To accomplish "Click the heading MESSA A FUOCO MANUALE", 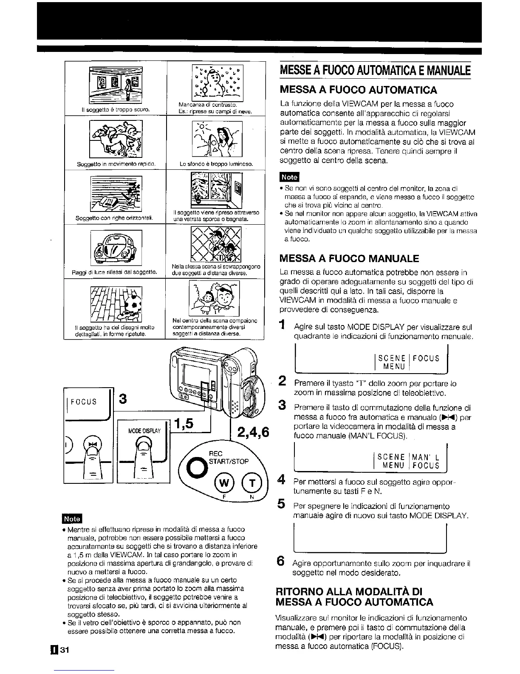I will (x=349, y=259).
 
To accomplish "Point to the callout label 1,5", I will (x=183, y=423).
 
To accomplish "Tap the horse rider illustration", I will (x=116, y=138).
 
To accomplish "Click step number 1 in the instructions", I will (x=282, y=326).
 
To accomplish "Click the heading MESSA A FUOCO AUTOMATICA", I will (x=358, y=90).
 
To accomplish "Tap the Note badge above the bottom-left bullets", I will (x=72, y=519).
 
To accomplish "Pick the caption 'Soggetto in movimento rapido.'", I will (x=116, y=164).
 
